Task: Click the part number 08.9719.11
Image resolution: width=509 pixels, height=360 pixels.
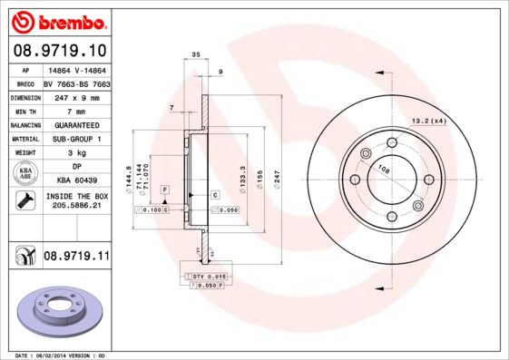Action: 75,258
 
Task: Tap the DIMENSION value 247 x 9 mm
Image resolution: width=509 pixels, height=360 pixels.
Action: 75,96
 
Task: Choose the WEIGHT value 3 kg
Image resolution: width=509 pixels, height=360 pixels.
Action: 75,153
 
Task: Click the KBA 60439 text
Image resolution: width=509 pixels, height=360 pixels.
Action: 75,180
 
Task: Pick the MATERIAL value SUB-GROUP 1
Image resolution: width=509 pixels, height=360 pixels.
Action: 75,139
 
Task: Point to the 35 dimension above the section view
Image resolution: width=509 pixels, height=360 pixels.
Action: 196,57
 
